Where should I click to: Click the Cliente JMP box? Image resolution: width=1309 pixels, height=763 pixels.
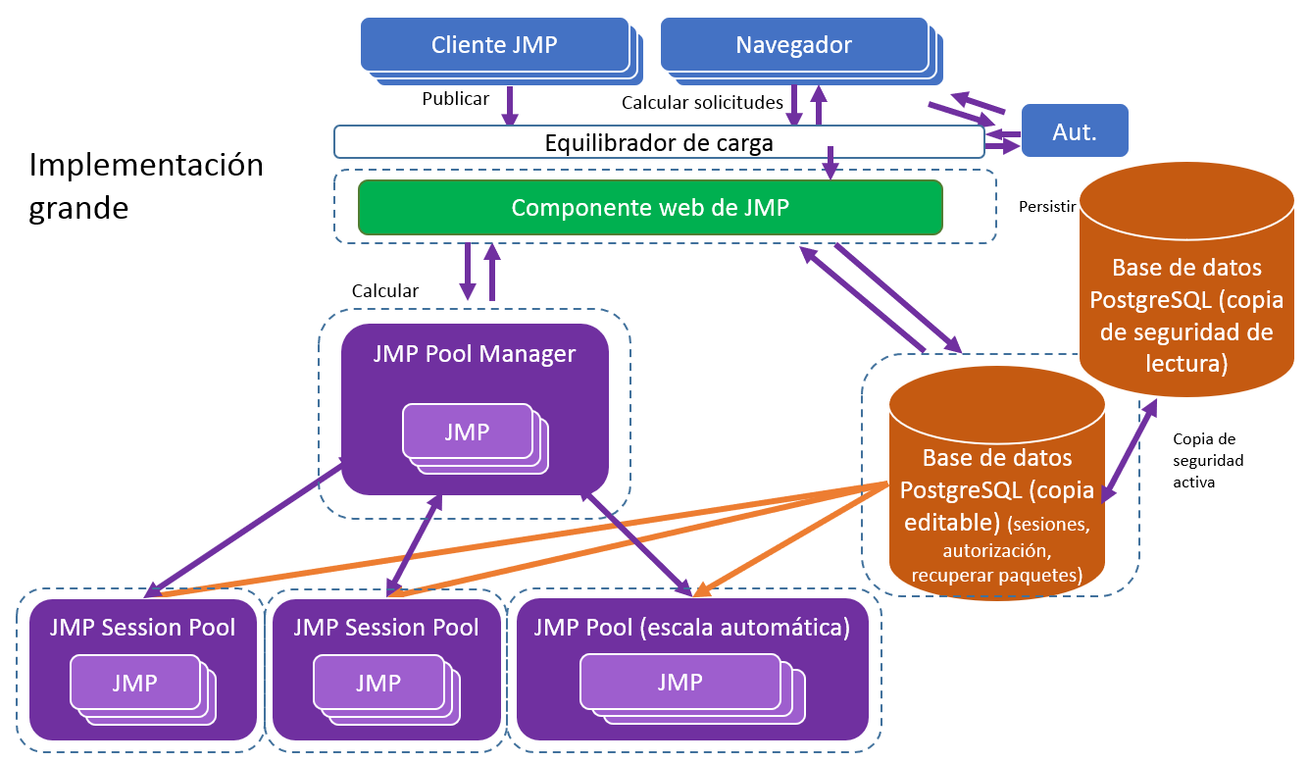(495, 44)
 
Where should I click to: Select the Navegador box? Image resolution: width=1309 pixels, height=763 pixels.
(793, 44)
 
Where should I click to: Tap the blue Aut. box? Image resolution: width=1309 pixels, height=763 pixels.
(1075, 131)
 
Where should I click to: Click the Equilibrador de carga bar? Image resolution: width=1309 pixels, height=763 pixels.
(658, 142)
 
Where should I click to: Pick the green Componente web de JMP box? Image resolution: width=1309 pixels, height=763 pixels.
(649, 207)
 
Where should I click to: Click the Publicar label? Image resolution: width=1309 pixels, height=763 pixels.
(455, 99)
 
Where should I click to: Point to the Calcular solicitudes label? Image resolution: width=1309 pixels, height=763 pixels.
(702, 102)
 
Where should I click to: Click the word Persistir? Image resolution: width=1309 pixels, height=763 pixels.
(1048, 207)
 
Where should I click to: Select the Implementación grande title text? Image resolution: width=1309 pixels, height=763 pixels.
(146, 185)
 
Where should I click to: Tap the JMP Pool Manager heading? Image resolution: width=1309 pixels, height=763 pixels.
(475, 353)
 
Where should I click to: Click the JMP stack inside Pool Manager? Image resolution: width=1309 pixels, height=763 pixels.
(468, 432)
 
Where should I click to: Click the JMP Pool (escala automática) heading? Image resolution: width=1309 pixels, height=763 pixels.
(691, 627)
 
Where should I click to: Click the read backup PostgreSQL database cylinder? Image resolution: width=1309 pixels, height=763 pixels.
(1186, 284)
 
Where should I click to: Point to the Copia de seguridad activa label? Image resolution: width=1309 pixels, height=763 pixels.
(1208, 460)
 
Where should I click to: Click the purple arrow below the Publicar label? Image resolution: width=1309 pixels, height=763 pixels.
(510, 106)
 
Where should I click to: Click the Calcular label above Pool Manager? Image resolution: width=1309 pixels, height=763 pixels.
(384, 291)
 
